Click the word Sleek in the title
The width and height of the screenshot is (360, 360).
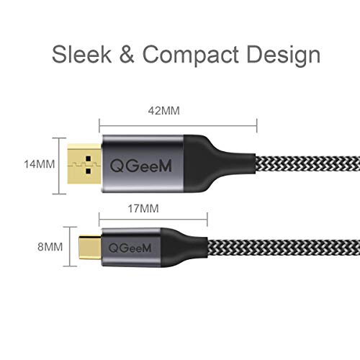click(x=81, y=54)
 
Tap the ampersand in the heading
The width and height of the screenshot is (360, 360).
click(x=127, y=55)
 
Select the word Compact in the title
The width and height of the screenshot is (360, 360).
click(x=191, y=55)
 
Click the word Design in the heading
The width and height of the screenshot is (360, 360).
click(x=283, y=55)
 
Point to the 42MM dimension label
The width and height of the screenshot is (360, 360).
click(x=164, y=111)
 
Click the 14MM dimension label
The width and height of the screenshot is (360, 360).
click(x=40, y=164)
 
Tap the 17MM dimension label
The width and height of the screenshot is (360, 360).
click(x=143, y=209)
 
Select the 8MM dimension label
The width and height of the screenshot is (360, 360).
click(x=50, y=247)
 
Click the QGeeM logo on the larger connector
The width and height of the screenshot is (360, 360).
click(x=141, y=166)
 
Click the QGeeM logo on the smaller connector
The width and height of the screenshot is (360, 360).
click(x=130, y=248)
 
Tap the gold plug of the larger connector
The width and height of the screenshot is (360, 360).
click(x=84, y=163)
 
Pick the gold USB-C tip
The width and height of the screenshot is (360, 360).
click(x=90, y=248)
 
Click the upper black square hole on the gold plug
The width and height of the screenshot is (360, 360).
click(x=89, y=158)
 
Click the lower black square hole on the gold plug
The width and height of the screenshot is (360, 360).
click(x=89, y=171)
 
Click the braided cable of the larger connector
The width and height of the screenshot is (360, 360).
click(x=307, y=163)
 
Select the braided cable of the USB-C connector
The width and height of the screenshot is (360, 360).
click(x=284, y=248)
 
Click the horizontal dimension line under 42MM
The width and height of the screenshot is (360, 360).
click(x=178, y=125)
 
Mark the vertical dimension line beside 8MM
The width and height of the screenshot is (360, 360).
click(x=70, y=246)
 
